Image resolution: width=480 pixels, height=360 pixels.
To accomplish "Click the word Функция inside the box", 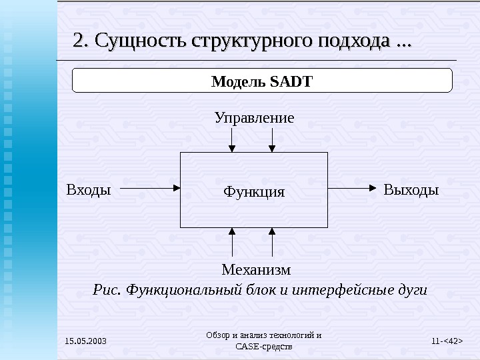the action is [x=254, y=192].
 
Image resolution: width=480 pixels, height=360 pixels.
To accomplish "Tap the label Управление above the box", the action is [x=254, y=118].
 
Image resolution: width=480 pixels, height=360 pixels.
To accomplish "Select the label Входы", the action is [x=89, y=189].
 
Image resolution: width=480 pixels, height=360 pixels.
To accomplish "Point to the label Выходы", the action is [x=411, y=189].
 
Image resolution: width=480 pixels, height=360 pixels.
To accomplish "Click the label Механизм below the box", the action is [x=256, y=270].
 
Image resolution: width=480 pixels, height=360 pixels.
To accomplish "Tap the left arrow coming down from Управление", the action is [x=231, y=139].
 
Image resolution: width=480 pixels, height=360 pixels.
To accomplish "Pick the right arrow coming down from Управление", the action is [x=272, y=139].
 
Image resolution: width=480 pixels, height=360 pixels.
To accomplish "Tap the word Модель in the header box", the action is [x=238, y=82].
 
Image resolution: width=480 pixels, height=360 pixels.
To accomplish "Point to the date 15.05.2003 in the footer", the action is [x=85, y=342].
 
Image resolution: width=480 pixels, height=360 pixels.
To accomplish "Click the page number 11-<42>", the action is [x=447, y=342].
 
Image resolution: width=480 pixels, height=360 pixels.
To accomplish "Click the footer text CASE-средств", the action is [x=263, y=347].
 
